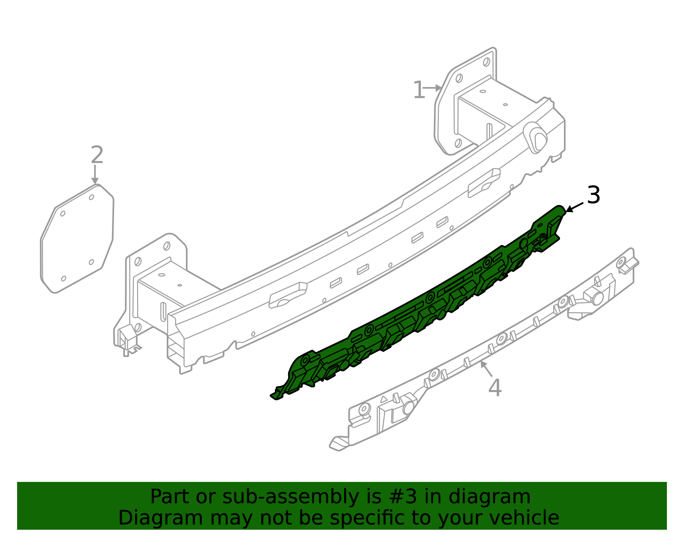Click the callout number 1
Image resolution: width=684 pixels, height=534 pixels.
click(419, 91)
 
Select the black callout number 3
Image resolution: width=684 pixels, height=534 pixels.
click(593, 195)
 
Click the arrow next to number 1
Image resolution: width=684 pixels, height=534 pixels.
click(433, 88)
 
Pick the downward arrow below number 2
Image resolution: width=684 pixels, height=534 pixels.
click(95, 175)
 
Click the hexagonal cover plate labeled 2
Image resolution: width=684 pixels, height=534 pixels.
click(77, 239)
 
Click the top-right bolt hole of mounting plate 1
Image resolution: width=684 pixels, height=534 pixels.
click(486, 62)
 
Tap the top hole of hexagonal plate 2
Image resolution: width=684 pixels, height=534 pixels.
click(91, 197)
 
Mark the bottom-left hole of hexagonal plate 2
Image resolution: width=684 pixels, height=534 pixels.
click(64, 279)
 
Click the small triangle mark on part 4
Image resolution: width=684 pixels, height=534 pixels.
click(384, 398)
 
